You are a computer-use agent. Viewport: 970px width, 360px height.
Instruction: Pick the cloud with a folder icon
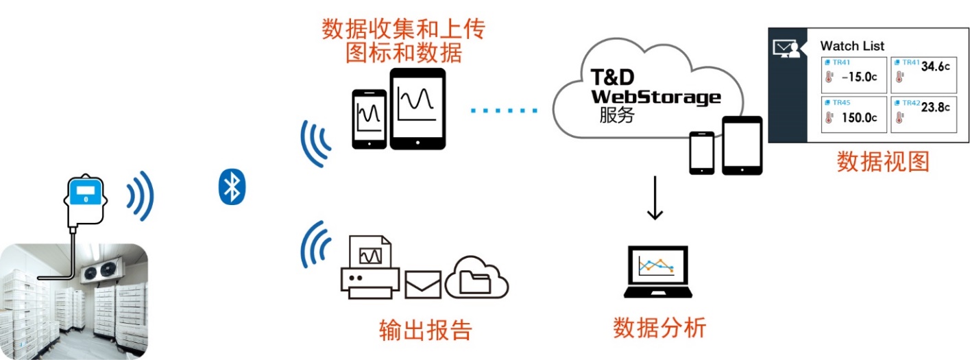[x=477, y=277]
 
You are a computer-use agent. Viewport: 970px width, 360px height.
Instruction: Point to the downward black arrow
[x=655, y=199]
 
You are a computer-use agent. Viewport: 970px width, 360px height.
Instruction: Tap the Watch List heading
[x=852, y=46]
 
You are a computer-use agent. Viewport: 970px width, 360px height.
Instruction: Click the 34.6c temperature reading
[x=935, y=67]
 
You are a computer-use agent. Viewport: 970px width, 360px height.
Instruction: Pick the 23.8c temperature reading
[x=935, y=107]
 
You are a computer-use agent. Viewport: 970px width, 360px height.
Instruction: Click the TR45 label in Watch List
[x=840, y=103]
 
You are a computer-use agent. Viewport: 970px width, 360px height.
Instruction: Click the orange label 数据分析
[x=659, y=328]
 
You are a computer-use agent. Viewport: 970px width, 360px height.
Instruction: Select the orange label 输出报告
[x=425, y=330]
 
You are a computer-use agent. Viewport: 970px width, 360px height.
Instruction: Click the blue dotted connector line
[x=505, y=110]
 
